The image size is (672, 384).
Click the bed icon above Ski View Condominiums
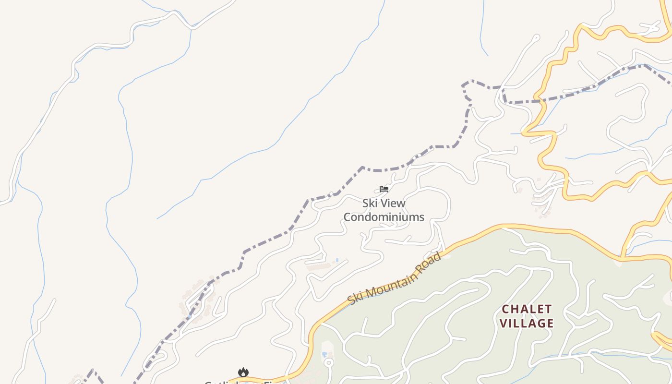384,189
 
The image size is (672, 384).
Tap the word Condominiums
384,217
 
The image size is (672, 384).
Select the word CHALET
527,309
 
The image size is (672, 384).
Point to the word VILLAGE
527,323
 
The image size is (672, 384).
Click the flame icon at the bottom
243,372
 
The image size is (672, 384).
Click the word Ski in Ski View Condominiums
370,203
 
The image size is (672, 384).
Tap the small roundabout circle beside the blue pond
328,362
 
